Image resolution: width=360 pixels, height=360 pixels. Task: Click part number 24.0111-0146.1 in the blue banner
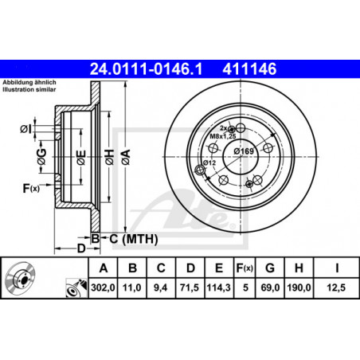[x=146, y=69]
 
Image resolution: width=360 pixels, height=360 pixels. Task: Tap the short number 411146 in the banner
[x=249, y=69]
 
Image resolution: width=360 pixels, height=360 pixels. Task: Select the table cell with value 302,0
[x=103, y=288]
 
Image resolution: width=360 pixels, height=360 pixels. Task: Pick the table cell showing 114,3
[x=219, y=288]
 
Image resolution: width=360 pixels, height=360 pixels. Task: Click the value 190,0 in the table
[x=299, y=288]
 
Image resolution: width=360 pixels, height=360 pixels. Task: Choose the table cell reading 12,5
[x=336, y=288]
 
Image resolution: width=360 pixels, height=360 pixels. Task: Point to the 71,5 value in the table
[x=190, y=288]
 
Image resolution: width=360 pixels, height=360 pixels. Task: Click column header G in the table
[x=270, y=268]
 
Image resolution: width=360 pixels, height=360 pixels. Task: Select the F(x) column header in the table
[x=245, y=268]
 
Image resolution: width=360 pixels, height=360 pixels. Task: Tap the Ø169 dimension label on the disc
[x=244, y=151]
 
